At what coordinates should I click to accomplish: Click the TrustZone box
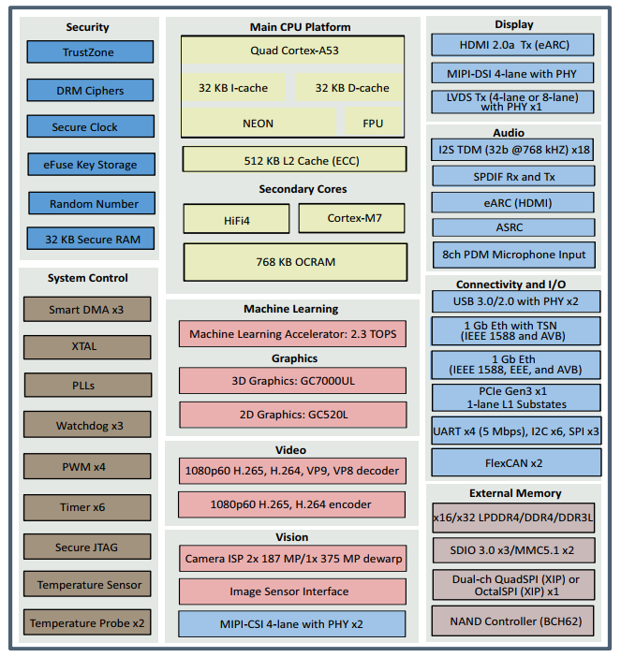point(89,52)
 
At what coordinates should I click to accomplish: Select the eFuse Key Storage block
point(89,165)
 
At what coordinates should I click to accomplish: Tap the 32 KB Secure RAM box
point(89,240)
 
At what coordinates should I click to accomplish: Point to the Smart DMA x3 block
point(86,309)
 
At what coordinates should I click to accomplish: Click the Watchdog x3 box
point(86,426)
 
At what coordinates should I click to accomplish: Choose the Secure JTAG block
point(86,547)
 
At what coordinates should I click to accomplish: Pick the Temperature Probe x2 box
point(86,623)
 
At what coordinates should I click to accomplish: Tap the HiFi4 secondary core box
point(236,219)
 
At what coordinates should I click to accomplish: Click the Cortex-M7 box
point(353,219)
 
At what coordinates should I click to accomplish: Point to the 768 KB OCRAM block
point(295,262)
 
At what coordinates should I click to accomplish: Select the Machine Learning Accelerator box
point(292,334)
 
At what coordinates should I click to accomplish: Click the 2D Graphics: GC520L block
point(292,415)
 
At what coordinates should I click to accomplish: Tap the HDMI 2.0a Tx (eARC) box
point(513,45)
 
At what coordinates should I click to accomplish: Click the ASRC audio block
point(513,227)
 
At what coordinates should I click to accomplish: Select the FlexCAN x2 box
point(513,462)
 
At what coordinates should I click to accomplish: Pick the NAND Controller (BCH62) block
point(513,620)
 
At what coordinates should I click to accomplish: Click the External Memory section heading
point(515,492)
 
